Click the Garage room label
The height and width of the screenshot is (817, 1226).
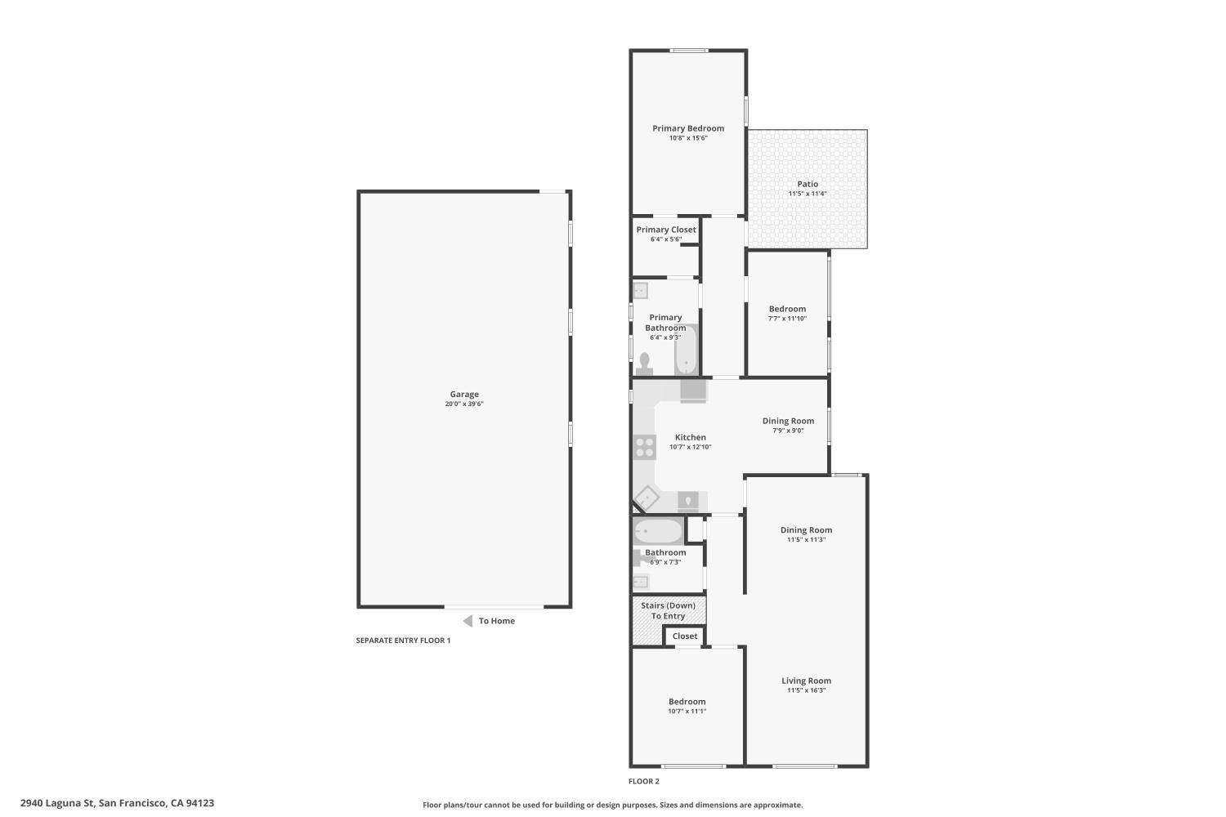pos(464,395)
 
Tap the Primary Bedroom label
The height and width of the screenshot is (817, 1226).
pos(688,128)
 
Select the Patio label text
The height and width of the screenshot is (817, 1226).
pos(808,184)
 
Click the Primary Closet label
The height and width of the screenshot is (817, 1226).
pos(666,230)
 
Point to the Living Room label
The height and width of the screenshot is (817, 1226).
pos(806,681)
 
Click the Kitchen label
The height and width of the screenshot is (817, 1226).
pos(691,437)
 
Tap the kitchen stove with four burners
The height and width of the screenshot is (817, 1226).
pos(645,447)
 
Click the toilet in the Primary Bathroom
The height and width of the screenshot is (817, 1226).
pos(644,361)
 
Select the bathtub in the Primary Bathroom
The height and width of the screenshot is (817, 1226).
pos(686,350)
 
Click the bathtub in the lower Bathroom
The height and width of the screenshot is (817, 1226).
pos(658,532)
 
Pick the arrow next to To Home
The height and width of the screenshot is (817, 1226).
pos(468,621)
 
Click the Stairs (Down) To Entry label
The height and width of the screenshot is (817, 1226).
pos(668,610)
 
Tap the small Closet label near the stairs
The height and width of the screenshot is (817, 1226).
pos(685,636)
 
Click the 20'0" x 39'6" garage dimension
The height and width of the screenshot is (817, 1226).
pos(464,404)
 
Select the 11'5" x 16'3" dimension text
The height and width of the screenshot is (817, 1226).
pos(806,690)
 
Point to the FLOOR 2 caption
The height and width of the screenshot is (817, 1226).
pos(644,781)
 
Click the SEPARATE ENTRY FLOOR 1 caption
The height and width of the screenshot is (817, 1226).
pos(403,641)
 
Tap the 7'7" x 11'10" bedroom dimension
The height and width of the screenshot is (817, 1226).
pos(787,319)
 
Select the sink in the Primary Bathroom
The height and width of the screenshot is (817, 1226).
pos(640,290)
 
